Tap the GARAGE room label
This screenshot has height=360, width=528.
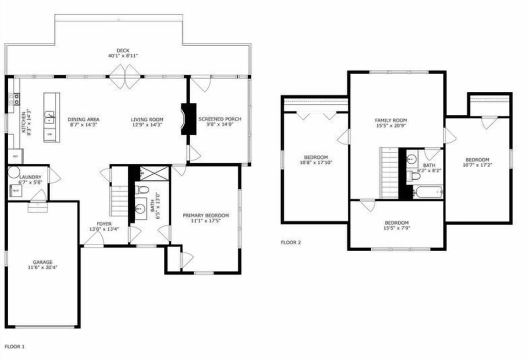[42, 262]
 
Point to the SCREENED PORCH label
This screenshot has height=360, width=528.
[220, 119]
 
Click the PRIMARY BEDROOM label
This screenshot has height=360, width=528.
[206, 215]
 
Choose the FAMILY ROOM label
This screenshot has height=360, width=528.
[391, 120]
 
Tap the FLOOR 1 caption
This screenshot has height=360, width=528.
[15, 347]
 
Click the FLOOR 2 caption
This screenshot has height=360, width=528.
[291, 242]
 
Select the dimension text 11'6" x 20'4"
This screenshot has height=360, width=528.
[42, 268]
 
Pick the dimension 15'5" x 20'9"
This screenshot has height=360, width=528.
[391, 126]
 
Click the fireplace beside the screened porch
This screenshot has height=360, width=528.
[188, 119]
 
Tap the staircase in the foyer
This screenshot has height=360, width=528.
[119, 201]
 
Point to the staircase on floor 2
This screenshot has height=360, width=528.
[389, 173]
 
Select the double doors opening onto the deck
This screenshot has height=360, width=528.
[125, 76]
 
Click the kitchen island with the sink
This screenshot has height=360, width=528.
[52, 117]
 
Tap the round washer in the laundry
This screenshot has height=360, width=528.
[14, 173]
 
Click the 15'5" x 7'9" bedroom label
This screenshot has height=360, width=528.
[397, 223]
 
